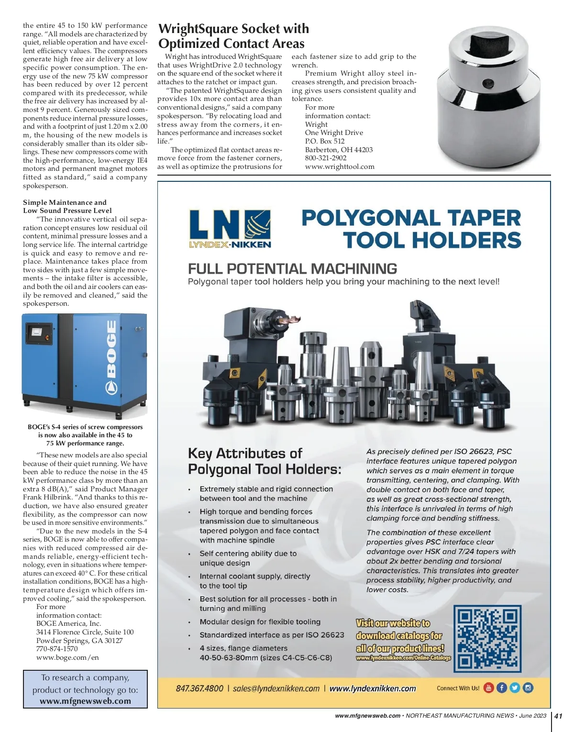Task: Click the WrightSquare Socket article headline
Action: pyautogui.click(x=233, y=36)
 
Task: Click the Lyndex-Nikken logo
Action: pyautogui.click(x=230, y=229)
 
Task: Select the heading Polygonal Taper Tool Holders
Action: pyautogui.click(x=411, y=229)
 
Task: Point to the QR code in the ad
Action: pyautogui.click(x=487, y=638)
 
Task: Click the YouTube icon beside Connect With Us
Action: pyautogui.click(x=488, y=688)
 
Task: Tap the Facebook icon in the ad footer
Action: pyautogui.click(x=502, y=688)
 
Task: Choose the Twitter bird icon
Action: pyautogui.click(x=515, y=688)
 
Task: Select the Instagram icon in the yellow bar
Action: pyautogui.click(x=528, y=688)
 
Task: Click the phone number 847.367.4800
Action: pyautogui.click(x=199, y=688)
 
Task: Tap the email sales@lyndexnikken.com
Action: pyautogui.click(x=276, y=688)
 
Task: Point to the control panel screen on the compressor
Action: pyautogui.click(x=36, y=331)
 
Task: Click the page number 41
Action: pyautogui.click(x=558, y=716)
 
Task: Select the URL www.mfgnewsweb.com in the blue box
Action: pyautogui.click(x=85, y=701)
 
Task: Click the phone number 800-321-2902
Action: pyautogui.click(x=326, y=158)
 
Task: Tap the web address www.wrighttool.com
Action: pyautogui.click(x=340, y=166)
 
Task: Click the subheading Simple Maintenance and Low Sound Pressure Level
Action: pyautogui.click(x=67, y=206)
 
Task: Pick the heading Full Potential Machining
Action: pyautogui.click(x=292, y=268)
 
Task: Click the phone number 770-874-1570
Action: pyautogui.click(x=57, y=649)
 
